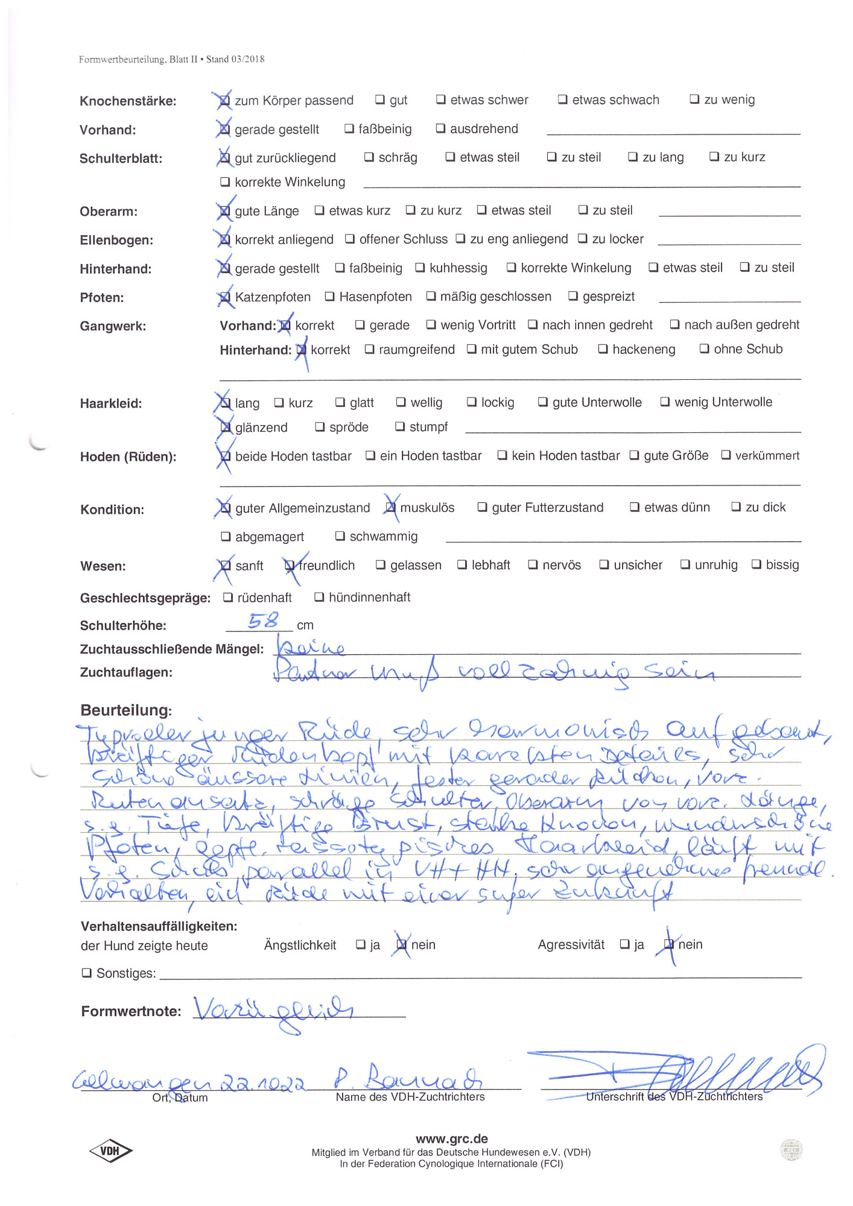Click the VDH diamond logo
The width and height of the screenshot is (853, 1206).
tap(110, 1151)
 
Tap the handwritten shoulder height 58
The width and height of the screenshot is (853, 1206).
tap(263, 620)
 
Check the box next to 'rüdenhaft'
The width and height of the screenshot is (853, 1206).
tap(228, 597)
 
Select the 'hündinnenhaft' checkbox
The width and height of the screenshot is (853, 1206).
tap(319, 597)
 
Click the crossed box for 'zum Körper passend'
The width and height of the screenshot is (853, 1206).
tap(224, 100)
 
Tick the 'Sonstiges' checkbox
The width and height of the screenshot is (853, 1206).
tap(87, 973)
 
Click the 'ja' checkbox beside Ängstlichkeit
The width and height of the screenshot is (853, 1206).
tap(361, 944)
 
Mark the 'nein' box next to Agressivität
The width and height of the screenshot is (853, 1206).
tap(669, 944)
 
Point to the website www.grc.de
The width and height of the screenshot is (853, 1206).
tap(451, 1138)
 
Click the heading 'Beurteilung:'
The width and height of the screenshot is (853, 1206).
tap(126, 710)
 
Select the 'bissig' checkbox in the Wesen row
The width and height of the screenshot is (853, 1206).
tap(756, 564)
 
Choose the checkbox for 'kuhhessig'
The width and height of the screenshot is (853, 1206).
tap(420, 267)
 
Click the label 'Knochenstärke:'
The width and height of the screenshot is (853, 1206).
tap(128, 101)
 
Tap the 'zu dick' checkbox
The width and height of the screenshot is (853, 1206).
tap(736, 507)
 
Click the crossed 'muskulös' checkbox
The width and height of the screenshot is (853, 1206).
tap(391, 507)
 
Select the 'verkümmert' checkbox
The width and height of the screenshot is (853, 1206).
tap(726, 455)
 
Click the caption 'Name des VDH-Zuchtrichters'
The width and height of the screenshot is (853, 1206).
tap(410, 1097)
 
